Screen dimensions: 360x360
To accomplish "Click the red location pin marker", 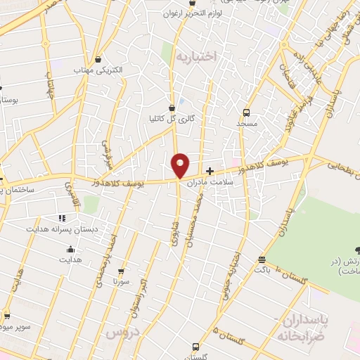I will (x=180, y=165).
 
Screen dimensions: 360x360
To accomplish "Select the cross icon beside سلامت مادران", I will (x=210, y=170).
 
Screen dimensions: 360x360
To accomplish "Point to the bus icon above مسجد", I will (x=246, y=112).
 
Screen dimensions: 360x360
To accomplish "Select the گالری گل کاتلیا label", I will (x=171, y=119).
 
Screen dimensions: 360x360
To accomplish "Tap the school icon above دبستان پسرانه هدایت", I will (x=61, y=218).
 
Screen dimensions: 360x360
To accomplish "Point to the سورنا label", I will (x=121, y=282).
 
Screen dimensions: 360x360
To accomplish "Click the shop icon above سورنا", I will (x=121, y=271).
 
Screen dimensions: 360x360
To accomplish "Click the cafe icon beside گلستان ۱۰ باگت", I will (x=262, y=258).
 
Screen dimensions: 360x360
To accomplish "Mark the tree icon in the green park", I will (x=357, y=251).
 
